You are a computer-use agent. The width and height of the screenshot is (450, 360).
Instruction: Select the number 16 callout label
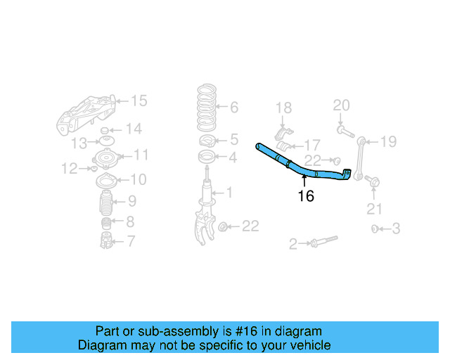306,196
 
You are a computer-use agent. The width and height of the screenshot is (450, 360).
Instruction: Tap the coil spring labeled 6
206,106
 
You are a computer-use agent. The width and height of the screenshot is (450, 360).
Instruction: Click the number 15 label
139,101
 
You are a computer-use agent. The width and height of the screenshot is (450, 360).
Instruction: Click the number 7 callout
131,242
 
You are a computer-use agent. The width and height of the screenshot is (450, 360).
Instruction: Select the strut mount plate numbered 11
107,159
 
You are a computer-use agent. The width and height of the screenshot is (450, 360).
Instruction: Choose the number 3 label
396,229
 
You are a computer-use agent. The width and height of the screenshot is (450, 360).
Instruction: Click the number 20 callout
341,106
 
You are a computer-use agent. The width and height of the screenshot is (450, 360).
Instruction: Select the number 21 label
374,208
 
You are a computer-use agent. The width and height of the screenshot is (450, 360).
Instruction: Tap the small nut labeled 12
94,168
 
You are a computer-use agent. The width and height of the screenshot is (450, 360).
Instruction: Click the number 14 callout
134,129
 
